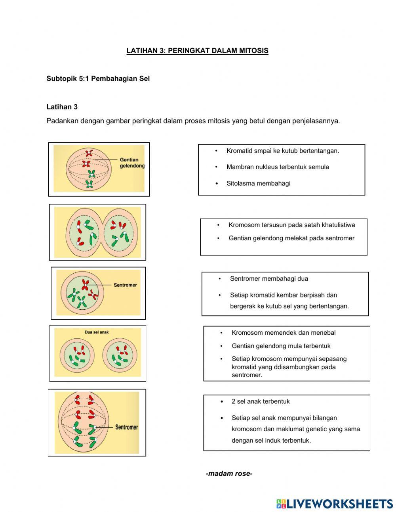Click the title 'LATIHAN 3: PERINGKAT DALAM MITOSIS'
point(197,51)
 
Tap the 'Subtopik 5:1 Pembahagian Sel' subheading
point(98,79)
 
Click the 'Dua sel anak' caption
point(97,332)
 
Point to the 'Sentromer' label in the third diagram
point(125,285)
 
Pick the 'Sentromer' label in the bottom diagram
point(126,427)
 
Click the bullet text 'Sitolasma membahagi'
point(258,183)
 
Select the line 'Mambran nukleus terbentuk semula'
point(278,167)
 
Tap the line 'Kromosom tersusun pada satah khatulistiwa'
point(291,225)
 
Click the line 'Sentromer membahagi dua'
point(269,278)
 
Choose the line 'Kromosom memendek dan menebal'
point(284,333)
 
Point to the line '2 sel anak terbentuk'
point(261,401)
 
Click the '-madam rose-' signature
point(229,474)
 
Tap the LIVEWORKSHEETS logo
point(335,504)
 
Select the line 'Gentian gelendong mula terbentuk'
point(281,346)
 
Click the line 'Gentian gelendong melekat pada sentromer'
point(291,238)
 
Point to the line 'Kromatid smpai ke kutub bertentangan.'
point(283,151)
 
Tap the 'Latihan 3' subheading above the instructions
point(62,107)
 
